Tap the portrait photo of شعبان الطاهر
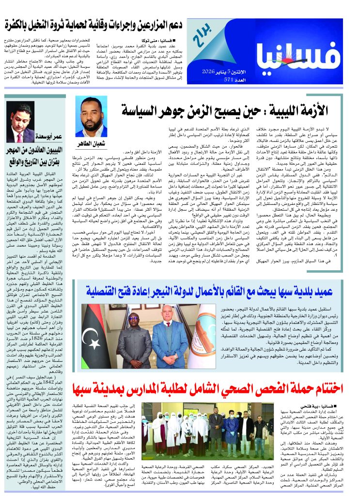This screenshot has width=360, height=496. tap(92, 117)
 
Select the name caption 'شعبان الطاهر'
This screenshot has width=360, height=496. tap(91, 144)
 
